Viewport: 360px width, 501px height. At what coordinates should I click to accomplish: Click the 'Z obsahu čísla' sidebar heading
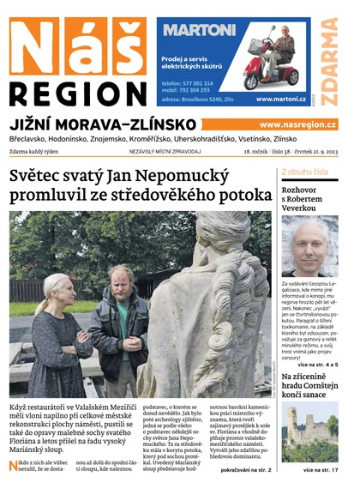pyautogui.click(x=304, y=172)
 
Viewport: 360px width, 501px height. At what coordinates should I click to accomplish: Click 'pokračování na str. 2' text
pyautogui.click(x=245, y=471)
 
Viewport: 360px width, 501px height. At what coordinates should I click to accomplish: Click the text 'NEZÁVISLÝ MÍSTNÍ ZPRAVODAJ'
pyautogui.click(x=165, y=152)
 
